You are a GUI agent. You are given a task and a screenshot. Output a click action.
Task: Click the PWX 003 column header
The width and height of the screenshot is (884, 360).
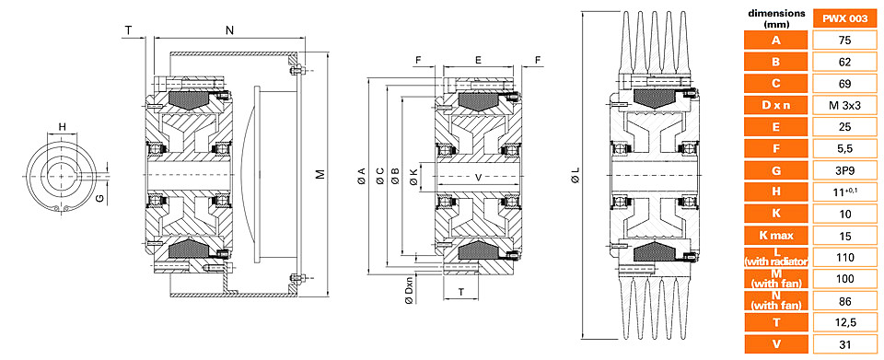click(844, 18)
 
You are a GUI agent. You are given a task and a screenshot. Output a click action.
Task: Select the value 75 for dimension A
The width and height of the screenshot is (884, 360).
click(844, 41)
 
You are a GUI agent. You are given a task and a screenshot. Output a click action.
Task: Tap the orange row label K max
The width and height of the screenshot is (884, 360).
click(775, 236)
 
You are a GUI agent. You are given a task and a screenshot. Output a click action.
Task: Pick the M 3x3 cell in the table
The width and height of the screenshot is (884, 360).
click(844, 105)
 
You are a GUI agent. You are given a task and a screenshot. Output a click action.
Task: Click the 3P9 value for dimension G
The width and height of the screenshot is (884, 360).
click(844, 170)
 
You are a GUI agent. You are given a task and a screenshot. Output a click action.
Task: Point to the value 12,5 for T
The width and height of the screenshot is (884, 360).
click(844, 322)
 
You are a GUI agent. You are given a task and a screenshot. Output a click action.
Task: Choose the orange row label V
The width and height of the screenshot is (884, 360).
click(775, 344)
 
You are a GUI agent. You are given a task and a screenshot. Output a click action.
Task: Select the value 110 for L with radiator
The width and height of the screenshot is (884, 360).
click(844, 258)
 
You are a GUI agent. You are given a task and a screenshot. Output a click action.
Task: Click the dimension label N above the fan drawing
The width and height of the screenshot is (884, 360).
click(229, 31)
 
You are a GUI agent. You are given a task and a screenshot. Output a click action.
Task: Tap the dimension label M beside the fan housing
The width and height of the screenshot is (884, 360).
click(320, 174)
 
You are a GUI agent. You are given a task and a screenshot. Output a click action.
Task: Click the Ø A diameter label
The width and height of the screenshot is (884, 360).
click(361, 175)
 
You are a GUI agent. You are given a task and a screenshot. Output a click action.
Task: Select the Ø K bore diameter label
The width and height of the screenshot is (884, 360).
click(413, 176)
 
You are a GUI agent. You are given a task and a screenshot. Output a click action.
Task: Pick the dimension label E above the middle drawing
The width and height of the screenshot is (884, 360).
click(478, 59)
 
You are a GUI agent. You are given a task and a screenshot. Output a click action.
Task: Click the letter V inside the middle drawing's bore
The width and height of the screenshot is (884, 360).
click(479, 178)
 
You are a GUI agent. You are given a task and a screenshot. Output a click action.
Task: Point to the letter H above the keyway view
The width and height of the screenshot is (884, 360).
click(63, 126)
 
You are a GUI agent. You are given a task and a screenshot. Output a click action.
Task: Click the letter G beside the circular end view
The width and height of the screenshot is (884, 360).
click(99, 198)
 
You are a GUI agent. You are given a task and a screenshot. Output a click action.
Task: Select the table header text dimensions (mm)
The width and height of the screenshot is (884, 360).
click(775, 18)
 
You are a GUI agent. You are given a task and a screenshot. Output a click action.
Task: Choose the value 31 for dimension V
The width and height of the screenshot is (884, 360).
click(844, 344)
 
